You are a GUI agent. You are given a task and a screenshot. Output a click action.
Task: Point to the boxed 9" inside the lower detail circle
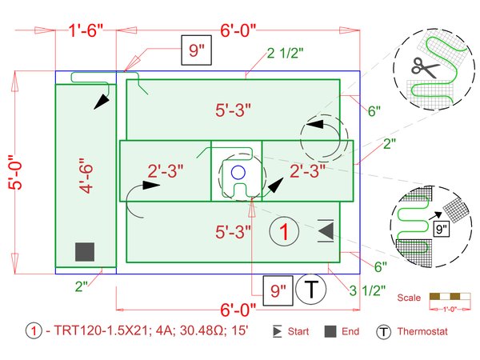441,228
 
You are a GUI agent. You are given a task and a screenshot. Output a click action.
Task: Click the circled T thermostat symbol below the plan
310,290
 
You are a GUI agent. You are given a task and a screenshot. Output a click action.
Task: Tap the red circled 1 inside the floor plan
283,231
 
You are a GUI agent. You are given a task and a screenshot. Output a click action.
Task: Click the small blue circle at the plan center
238,171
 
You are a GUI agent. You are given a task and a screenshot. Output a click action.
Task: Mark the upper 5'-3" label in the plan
236,109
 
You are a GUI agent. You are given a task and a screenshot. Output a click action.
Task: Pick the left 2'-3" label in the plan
166,171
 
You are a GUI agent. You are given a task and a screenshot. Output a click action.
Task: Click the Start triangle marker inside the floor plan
326,230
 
